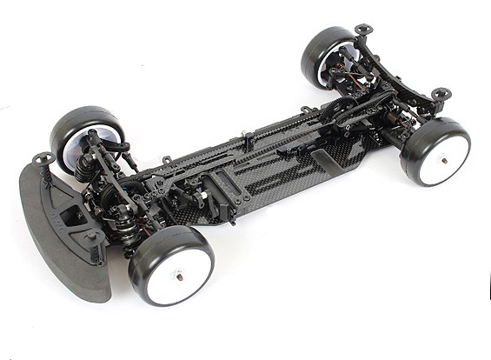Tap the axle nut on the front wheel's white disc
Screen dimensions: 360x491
coord(181,277)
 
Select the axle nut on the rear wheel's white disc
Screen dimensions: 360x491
coord(443,159)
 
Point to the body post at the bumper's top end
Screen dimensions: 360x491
coord(43,159)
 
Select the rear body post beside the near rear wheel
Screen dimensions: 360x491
coord(441,94)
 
